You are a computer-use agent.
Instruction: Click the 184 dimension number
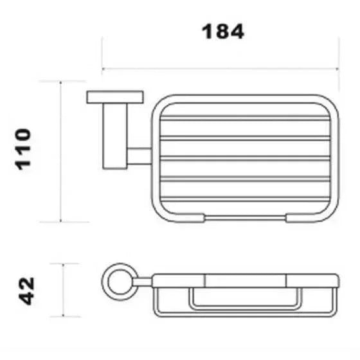pyautogui.click(x=222, y=32)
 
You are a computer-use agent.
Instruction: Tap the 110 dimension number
pyautogui.click(x=23, y=149)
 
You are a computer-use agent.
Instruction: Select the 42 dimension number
pyautogui.click(x=26, y=291)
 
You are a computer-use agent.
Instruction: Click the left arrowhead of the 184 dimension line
pyautogui.click(x=104, y=68)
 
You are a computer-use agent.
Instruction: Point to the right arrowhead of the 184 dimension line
pyautogui.click(x=337, y=68)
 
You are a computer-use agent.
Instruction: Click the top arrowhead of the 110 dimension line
pyautogui.click(x=60, y=83)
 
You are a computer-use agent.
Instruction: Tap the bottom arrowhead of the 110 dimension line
pyautogui.click(x=60, y=221)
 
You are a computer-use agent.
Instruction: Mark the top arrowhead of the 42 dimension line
pyautogui.click(x=64, y=265)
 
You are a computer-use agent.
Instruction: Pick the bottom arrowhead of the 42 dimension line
pyautogui.click(x=64, y=315)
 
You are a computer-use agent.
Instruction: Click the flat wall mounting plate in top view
pyautogui.click(x=115, y=97)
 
